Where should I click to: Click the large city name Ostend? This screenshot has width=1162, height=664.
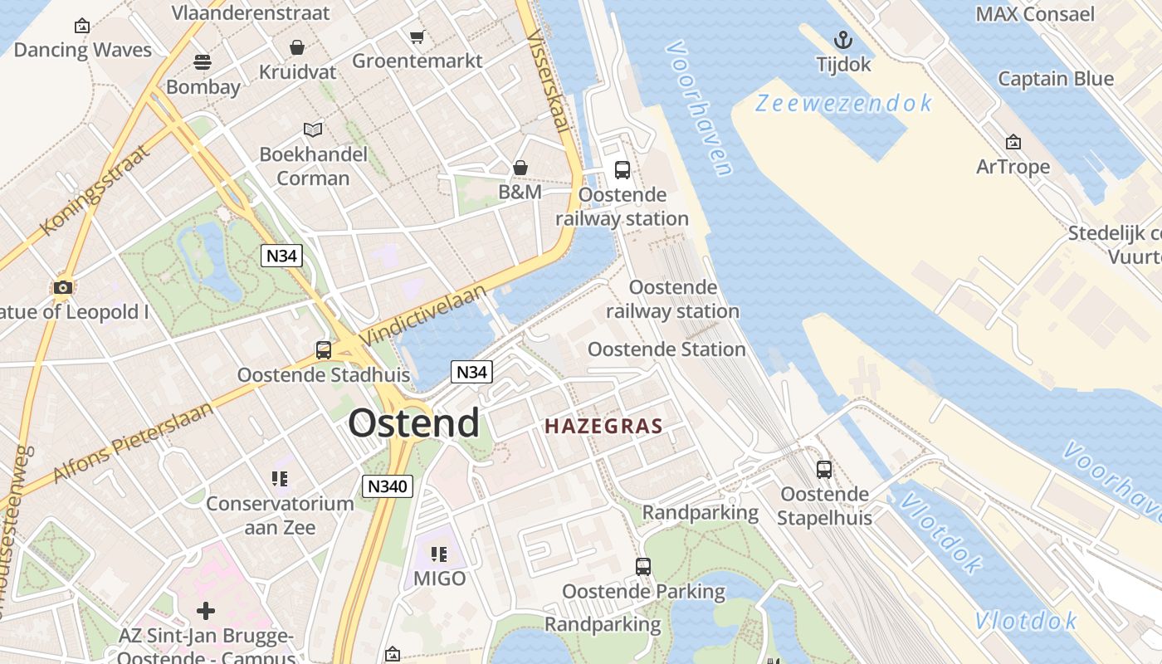[x=413, y=423]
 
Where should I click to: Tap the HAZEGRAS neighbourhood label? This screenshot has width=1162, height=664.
[x=603, y=427]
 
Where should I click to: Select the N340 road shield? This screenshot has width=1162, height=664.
[x=388, y=486]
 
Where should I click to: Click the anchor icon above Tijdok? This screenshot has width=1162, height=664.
[x=843, y=40]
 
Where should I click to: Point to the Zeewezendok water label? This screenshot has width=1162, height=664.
[x=843, y=104]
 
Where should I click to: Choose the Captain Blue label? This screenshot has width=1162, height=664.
[x=1055, y=79]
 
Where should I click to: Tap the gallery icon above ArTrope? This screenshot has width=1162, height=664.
[x=1013, y=143]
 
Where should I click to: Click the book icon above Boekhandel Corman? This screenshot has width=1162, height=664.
[x=313, y=129]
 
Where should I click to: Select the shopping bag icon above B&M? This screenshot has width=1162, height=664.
[x=520, y=168]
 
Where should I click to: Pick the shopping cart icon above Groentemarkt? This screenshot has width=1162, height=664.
[x=417, y=37]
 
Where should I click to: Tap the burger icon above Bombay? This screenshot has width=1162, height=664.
[x=203, y=62]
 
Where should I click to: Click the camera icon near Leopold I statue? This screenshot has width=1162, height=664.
[x=62, y=288]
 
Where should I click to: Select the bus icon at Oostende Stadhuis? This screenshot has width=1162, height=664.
[x=324, y=350]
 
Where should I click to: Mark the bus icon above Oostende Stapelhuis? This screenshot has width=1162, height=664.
[x=824, y=470]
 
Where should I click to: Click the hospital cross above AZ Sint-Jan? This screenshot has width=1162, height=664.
[x=206, y=612]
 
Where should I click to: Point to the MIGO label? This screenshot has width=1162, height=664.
[x=439, y=579]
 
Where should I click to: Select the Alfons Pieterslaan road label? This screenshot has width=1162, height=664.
[x=134, y=444]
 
